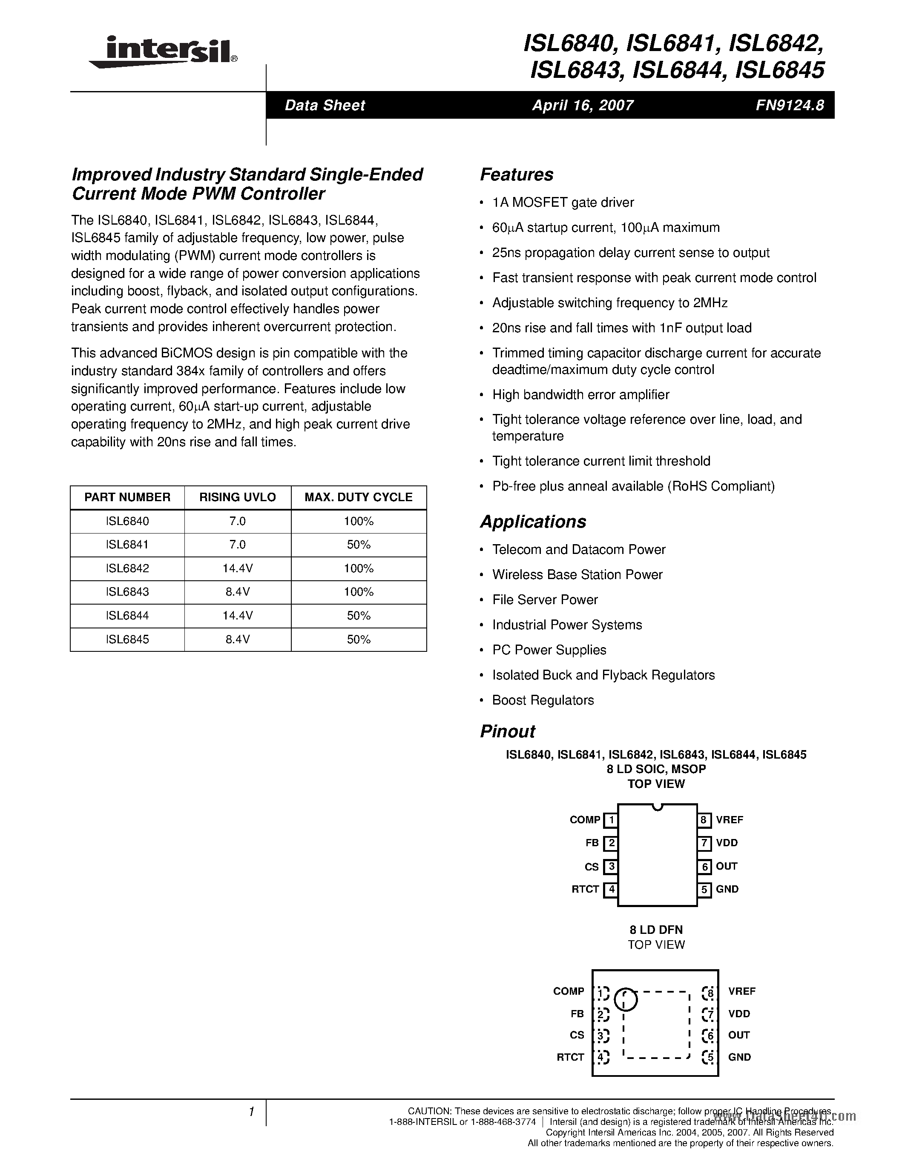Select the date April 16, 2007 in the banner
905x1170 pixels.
pos(582,105)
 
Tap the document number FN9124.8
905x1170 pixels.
pos(790,105)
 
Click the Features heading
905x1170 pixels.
pos(516,174)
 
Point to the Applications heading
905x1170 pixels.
pos(532,522)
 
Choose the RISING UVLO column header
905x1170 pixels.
pos(238,497)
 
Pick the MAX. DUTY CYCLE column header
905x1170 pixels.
pos(358,497)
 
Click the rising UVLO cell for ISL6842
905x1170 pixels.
pos(238,568)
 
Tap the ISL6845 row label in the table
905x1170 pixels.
pos(128,639)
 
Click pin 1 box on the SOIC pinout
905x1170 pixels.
pos(611,820)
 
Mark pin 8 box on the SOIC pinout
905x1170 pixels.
pos(704,820)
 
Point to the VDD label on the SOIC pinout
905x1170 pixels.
pos(727,843)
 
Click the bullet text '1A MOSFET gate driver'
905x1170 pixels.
pos(563,203)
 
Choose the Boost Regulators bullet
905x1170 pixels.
pos(543,700)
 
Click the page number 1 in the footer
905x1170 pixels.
pos(251,1112)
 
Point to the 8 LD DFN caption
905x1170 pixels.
pos(656,930)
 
